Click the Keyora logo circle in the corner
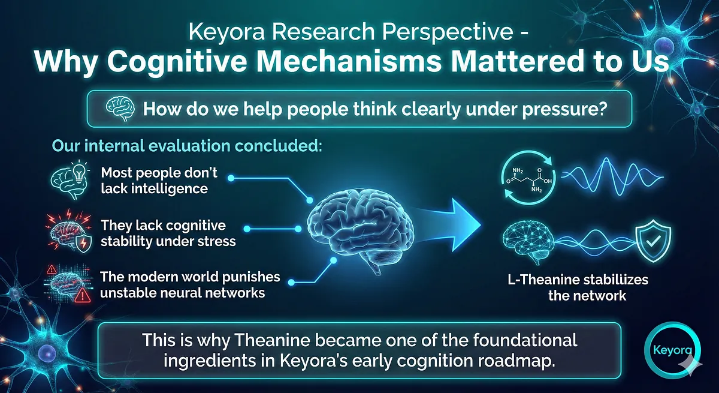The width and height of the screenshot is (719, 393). (x=646, y=350)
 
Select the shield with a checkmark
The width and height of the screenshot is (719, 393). (x=653, y=241)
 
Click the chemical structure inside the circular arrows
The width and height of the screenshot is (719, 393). (x=528, y=180)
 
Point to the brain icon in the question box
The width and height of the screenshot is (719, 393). (x=120, y=109)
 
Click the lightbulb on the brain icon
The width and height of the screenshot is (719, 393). (x=79, y=170)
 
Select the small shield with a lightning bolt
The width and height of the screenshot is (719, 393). (x=83, y=243)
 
